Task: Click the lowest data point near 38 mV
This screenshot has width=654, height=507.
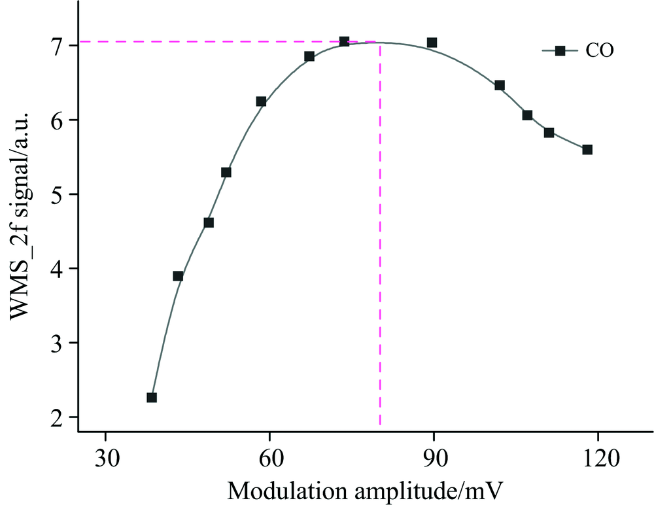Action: pos(152,397)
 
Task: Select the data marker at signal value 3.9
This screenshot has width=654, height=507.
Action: pos(178,275)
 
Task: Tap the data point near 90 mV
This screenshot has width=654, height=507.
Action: pos(432,43)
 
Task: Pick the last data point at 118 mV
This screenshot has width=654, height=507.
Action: pos(587,150)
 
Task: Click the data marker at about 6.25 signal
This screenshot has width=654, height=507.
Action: pos(261,101)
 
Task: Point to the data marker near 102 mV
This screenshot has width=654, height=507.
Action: pos(500,85)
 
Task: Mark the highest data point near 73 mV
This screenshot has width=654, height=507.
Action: pos(345,42)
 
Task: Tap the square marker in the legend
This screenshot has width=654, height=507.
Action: pos(560,51)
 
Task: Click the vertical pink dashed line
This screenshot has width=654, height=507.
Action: pos(380,262)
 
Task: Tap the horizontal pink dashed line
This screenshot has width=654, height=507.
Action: pos(196,42)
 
